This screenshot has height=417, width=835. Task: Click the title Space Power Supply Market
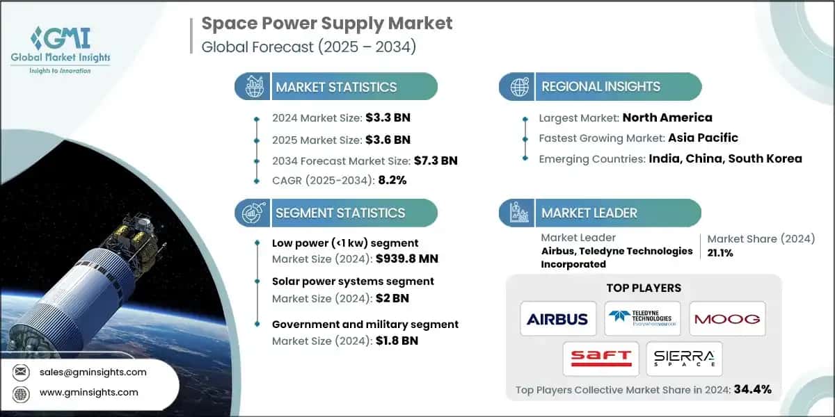pyautogui.click(x=326, y=23)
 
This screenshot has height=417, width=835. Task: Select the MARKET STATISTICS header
pyautogui.click(x=336, y=87)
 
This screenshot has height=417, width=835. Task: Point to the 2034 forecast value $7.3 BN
pyautogui.click(x=435, y=161)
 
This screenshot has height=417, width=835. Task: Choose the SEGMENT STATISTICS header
pyautogui.click(x=340, y=213)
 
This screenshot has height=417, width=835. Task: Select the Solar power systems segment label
pyautogui.click(x=353, y=281)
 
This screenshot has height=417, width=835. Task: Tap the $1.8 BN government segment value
pyautogui.click(x=396, y=341)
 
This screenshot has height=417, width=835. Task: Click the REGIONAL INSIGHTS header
pyautogui.click(x=601, y=87)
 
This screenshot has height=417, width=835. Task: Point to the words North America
pyautogui.click(x=667, y=117)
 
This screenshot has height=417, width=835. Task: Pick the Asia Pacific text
pyautogui.click(x=703, y=138)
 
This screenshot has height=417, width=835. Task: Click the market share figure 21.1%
pyautogui.click(x=722, y=253)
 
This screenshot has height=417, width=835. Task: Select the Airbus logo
pyautogui.click(x=557, y=319)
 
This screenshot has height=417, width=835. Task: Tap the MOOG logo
pyautogui.click(x=727, y=319)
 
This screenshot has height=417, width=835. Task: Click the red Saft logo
pyautogui.click(x=601, y=359)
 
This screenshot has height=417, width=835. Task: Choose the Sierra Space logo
pyautogui.click(x=683, y=359)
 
